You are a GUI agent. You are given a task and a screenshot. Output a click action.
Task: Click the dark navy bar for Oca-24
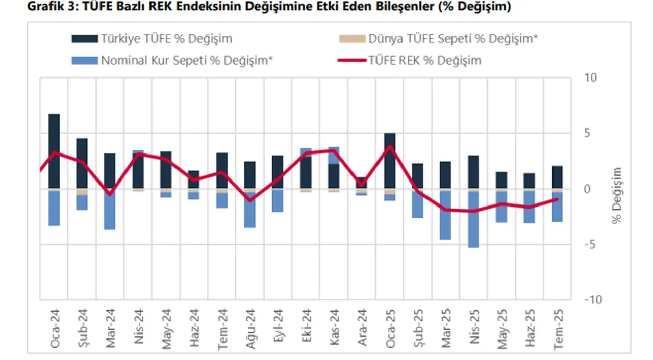[x=54, y=151]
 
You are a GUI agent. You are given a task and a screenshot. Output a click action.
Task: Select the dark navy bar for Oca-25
[x=390, y=161]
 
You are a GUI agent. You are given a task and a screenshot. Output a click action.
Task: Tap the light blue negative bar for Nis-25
[x=473, y=219]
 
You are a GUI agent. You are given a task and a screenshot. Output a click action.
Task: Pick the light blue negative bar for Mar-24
[x=110, y=210]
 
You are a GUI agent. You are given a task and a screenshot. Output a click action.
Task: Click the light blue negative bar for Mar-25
[x=445, y=215]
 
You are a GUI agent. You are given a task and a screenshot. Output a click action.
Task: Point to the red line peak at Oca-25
[x=390, y=146]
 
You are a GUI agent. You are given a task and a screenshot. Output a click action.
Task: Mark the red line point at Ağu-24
[x=250, y=199]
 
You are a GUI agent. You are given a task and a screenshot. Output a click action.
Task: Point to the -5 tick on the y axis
[x=590, y=244]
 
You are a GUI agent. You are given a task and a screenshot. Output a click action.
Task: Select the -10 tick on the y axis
[x=593, y=299]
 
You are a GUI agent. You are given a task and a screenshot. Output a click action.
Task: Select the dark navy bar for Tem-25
[x=558, y=177]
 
